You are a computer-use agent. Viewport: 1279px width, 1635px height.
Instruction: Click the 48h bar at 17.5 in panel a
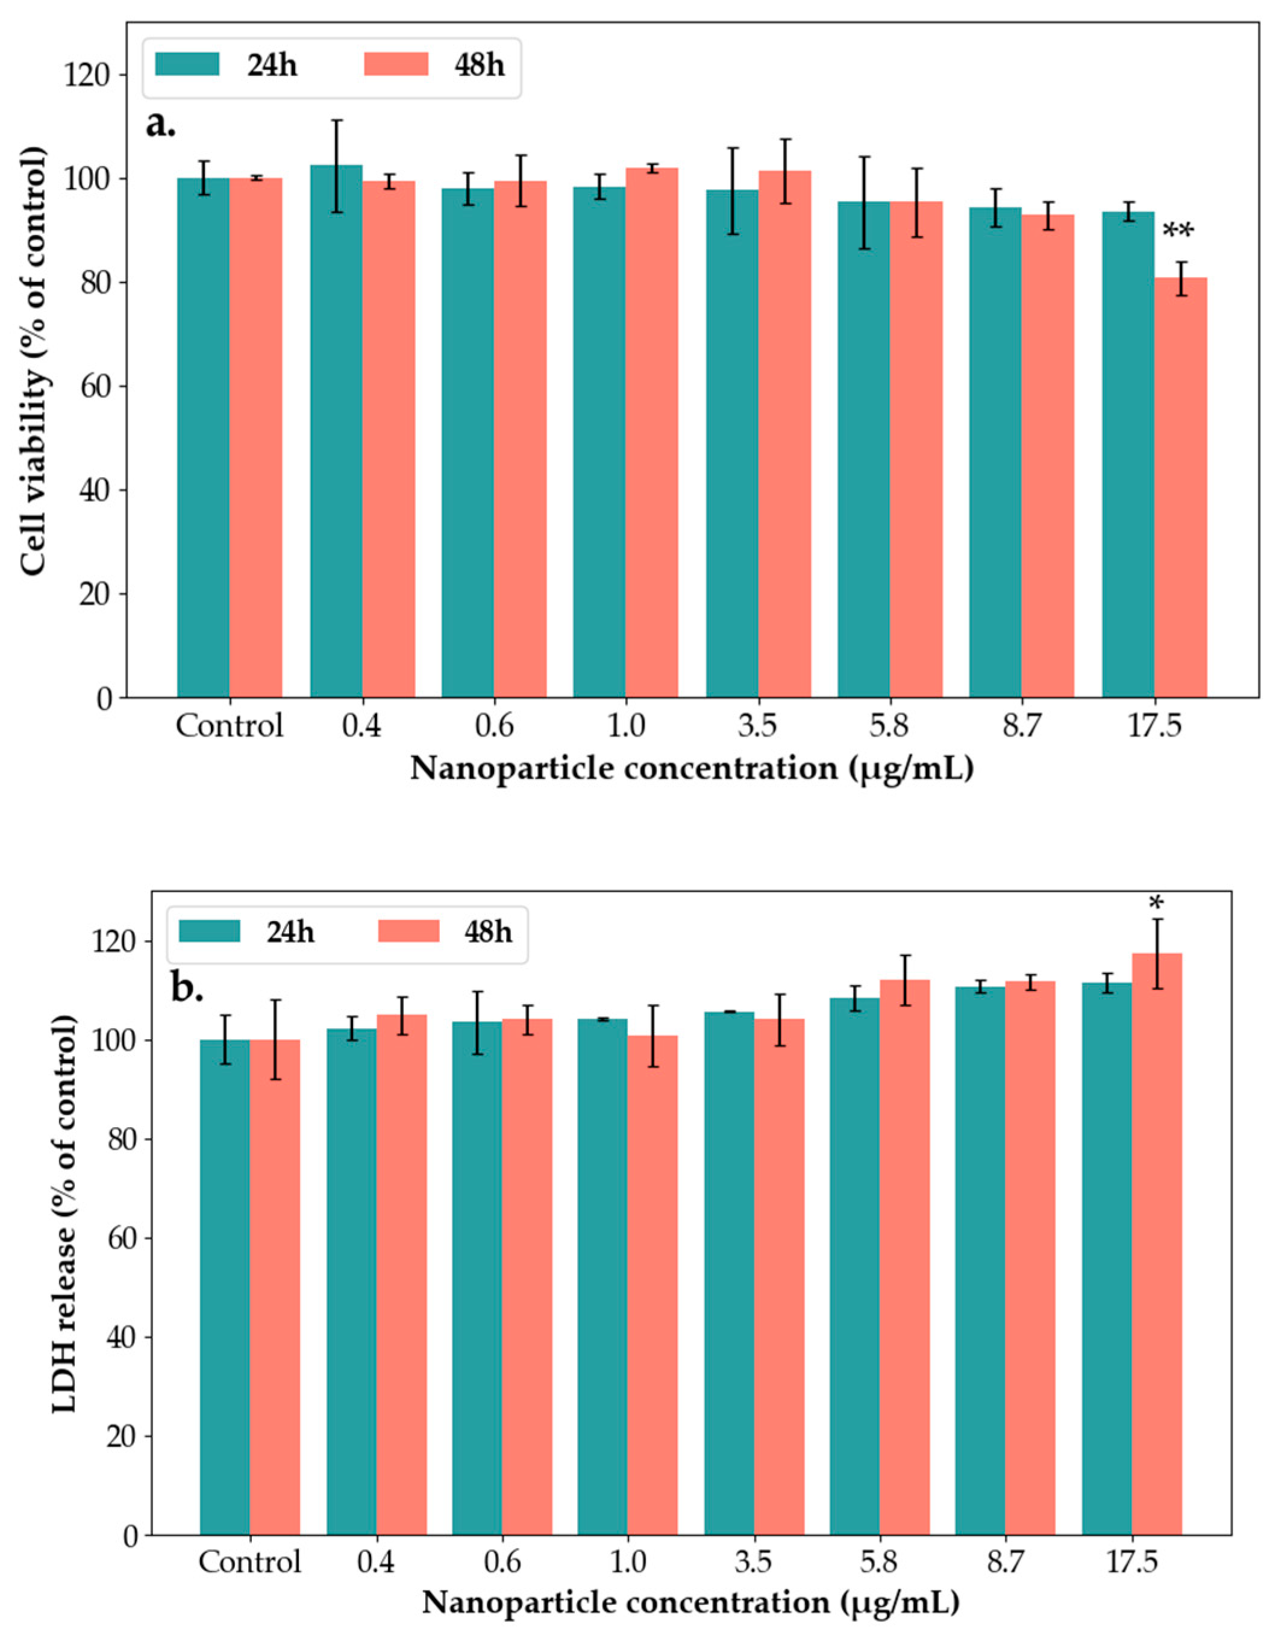[x=1180, y=487]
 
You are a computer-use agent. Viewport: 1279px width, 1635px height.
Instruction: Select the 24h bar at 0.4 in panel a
[x=336, y=431]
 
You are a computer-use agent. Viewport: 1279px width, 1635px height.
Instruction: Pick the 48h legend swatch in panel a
[x=396, y=64]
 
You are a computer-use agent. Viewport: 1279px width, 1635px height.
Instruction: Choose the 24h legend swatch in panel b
[x=209, y=931]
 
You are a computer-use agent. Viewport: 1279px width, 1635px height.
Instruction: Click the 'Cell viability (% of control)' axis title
[x=32, y=361]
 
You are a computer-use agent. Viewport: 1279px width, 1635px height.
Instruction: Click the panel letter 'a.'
[x=160, y=125]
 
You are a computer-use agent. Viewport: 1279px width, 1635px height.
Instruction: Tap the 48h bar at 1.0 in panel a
[x=652, y=433]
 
